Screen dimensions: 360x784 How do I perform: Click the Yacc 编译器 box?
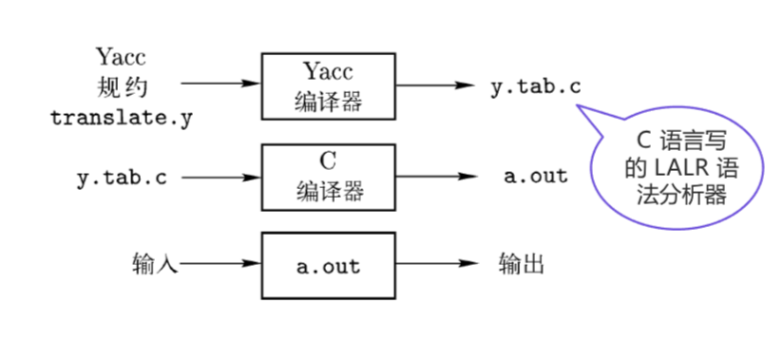click(329, 85)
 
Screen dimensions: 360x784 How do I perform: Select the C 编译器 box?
click(329, 177)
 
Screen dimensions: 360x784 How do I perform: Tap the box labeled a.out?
click(329, 265)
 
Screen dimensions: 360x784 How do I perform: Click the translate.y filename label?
click(121, 118)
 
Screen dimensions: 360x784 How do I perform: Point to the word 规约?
click(123, 87)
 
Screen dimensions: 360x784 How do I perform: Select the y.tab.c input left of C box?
click(121, 178)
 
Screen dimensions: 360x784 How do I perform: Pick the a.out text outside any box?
click(536, 176)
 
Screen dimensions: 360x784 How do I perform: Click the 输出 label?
click(522, 263)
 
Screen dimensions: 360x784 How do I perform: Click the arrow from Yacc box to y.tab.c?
click(434, 85)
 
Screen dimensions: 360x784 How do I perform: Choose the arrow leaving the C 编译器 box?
click(434, 177)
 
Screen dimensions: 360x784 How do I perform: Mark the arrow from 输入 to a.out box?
click(221, 263)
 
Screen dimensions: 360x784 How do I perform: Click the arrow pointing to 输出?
click(434, 263)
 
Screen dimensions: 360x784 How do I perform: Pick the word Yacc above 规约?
click(122, 57)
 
